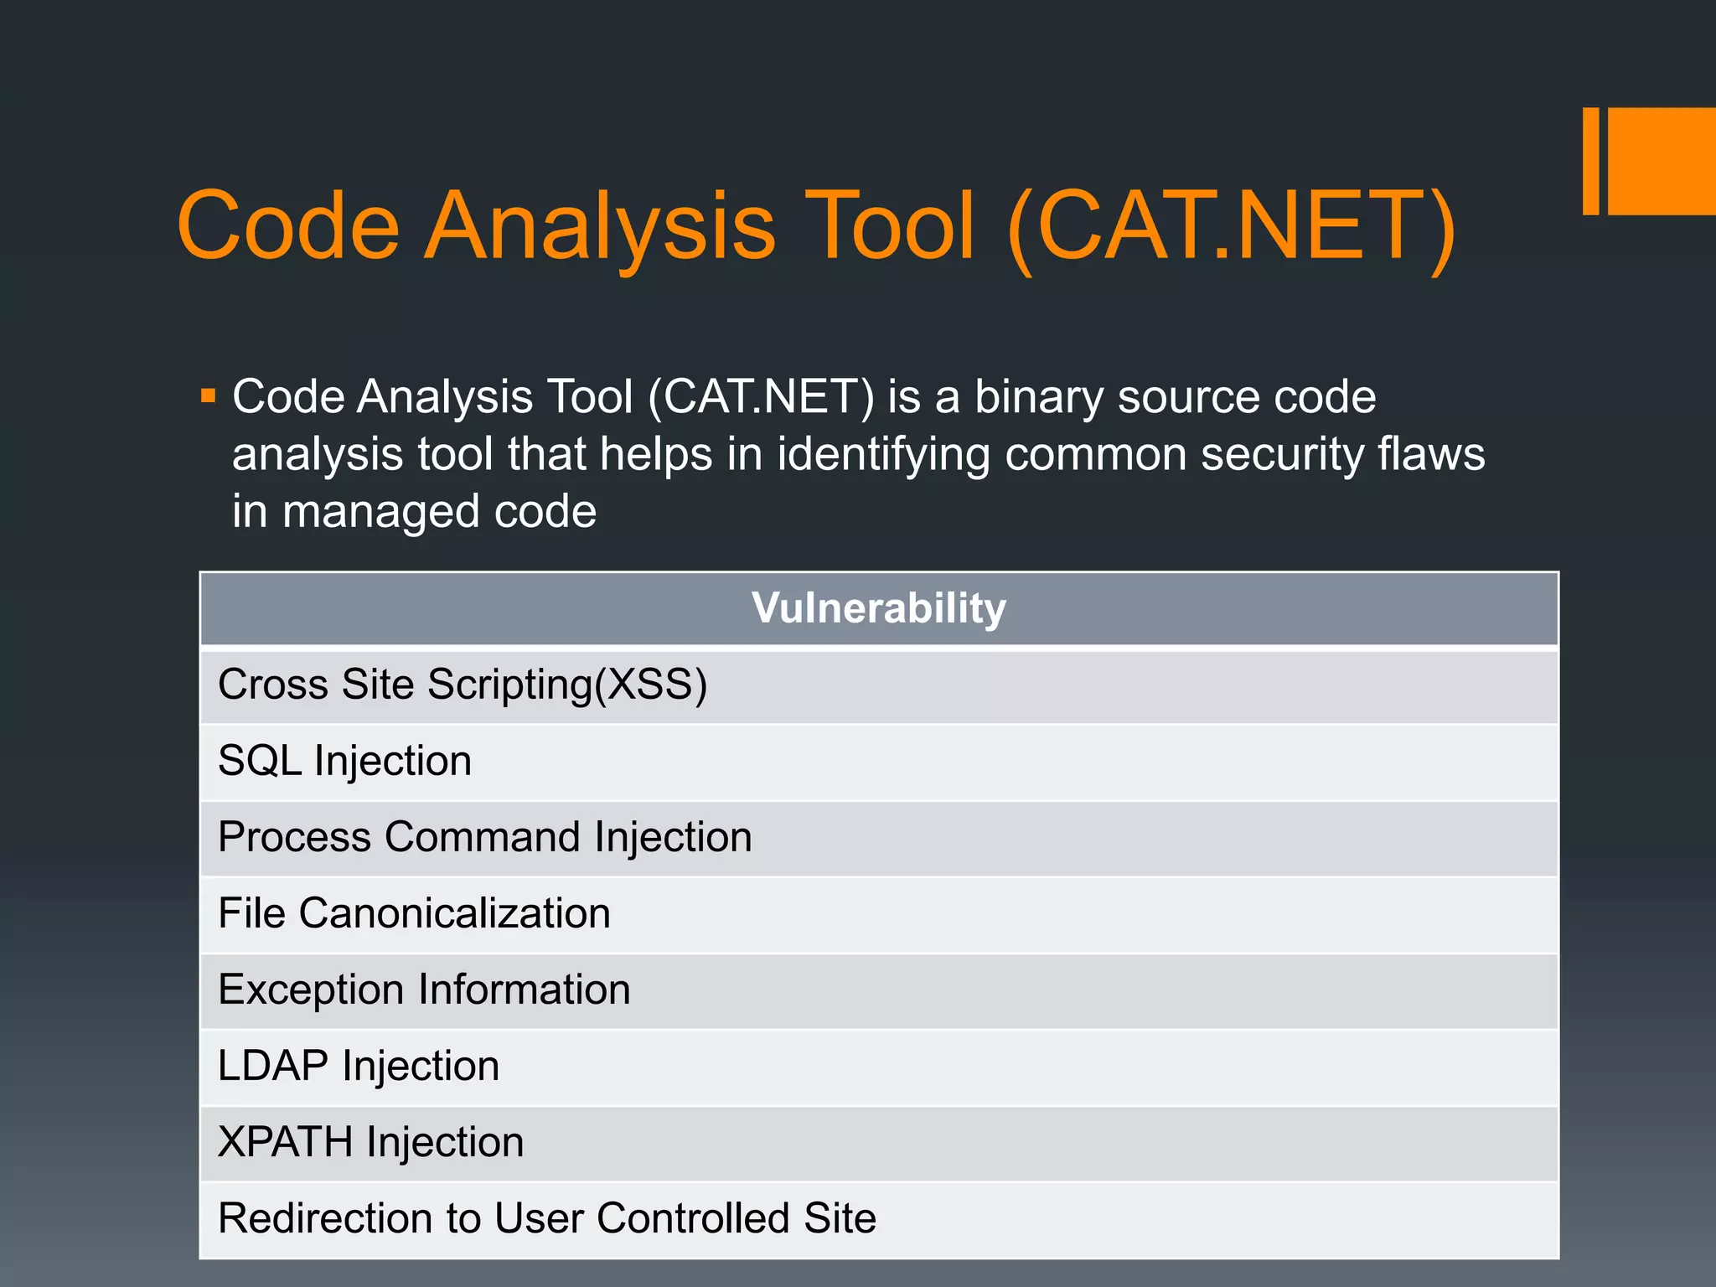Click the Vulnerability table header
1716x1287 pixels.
click(x=878, y=608)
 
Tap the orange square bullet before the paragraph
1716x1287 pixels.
click(x=209, y=395)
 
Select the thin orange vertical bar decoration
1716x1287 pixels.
click(x=1590, y=161)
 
